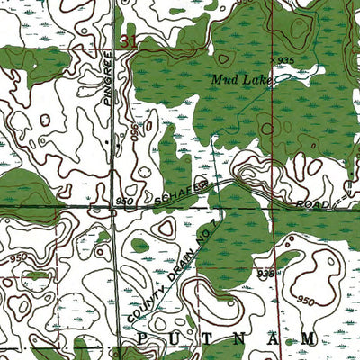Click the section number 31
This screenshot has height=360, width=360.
click(x=128, y=41)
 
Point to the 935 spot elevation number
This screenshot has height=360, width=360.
click(x=286, y=59)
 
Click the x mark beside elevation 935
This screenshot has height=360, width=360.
click(x=274, y=58)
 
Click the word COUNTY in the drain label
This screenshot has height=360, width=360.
click(x=143, y=303)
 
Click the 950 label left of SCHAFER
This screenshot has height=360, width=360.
click(x=125, y=202)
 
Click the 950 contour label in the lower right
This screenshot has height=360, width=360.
click(x=306, y=299)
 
